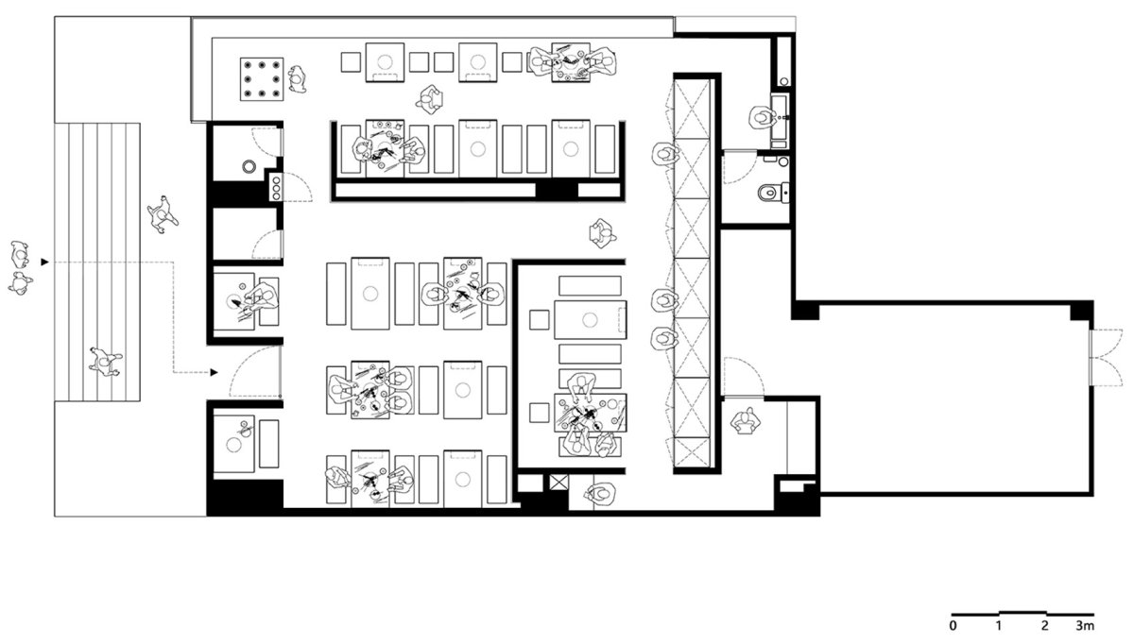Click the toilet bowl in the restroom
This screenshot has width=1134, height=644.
767,193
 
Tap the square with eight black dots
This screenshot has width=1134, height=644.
262,79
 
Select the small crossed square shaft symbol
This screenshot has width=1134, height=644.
558,483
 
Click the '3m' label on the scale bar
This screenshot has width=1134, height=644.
1085,625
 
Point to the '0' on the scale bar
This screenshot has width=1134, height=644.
954,625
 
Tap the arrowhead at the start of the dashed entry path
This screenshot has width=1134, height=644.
45,262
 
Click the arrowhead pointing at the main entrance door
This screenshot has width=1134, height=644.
215,372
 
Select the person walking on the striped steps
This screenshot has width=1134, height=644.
105,362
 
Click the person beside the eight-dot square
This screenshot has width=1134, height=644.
297,79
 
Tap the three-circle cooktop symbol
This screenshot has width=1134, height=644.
276,187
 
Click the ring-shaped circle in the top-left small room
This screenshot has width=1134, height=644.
249,166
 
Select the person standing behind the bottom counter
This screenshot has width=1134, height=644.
602,493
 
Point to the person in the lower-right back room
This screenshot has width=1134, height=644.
746,421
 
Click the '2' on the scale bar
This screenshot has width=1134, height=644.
1045,625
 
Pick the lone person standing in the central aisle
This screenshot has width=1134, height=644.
602,233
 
